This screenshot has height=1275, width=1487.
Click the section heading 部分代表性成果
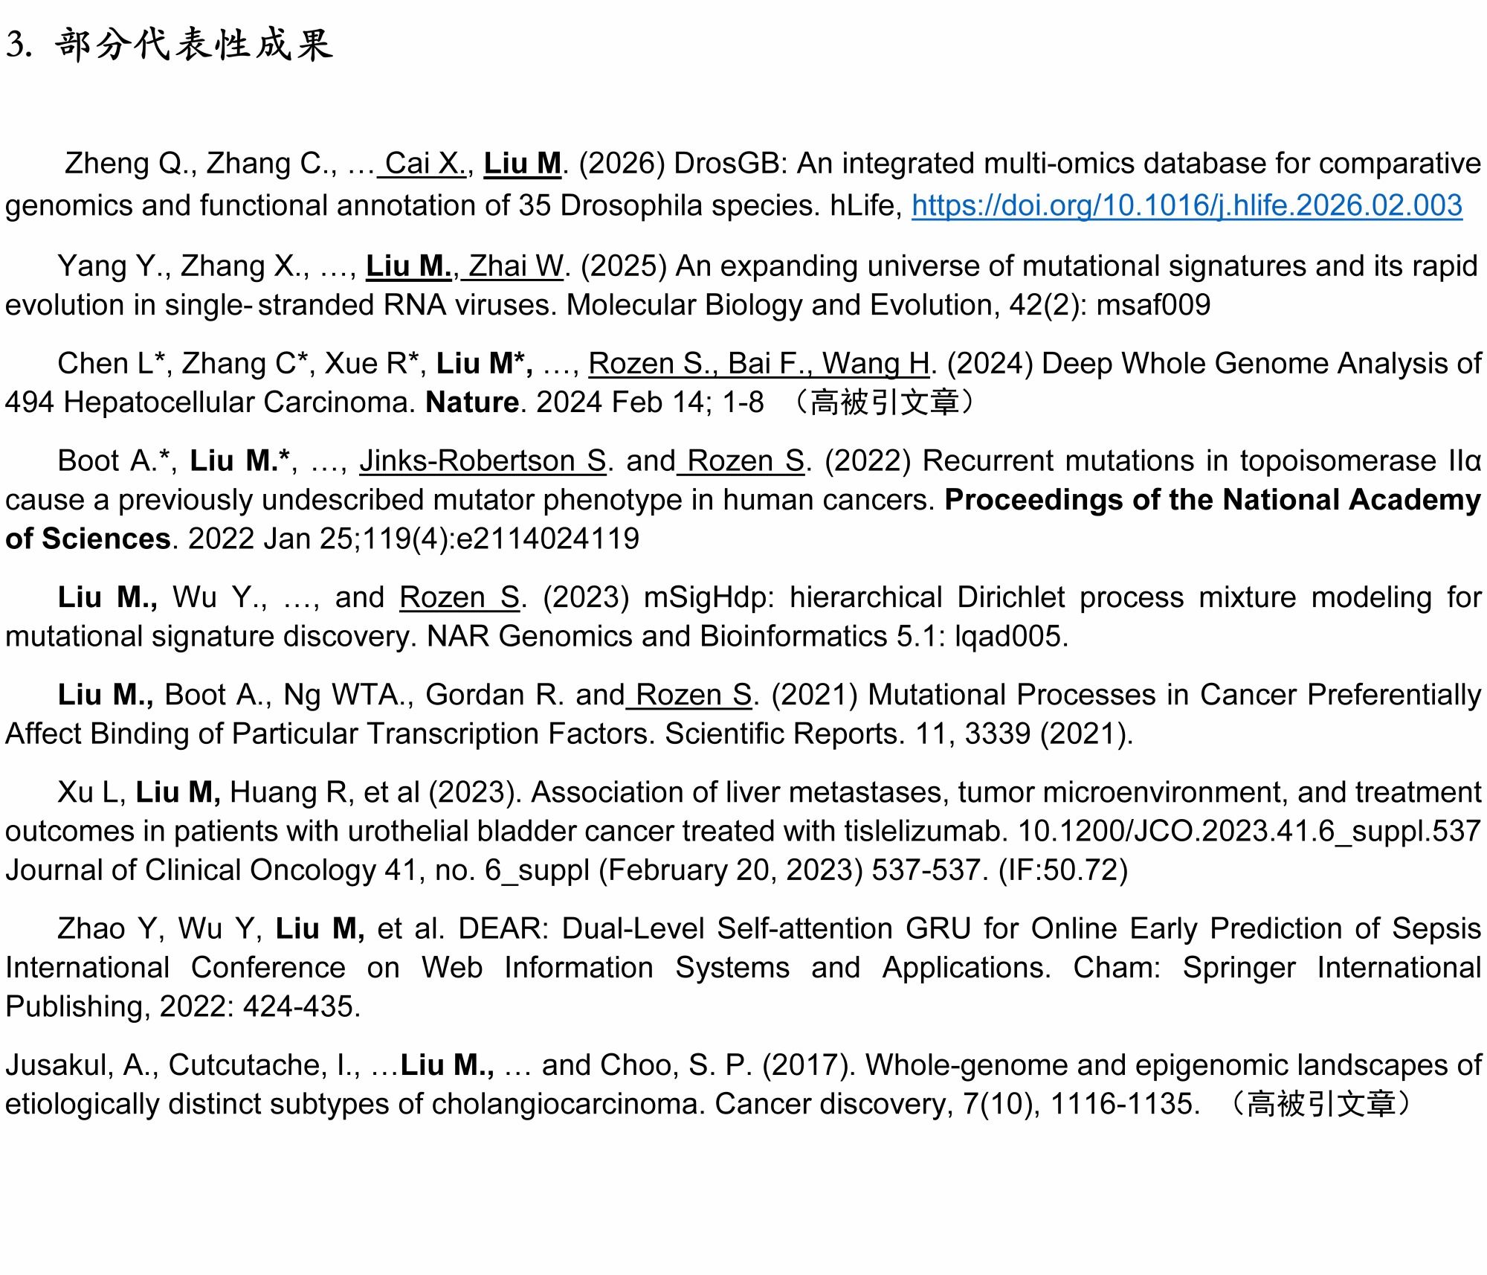[193, 45]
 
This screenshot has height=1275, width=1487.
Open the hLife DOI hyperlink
[1187, 205]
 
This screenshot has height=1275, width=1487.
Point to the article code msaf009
[1153, 305]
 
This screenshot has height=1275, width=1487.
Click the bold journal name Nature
[472, 402]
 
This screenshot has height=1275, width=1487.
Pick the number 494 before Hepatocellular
[30, 402]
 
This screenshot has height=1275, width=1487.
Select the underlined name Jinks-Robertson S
[483, 461]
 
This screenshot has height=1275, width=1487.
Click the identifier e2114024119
[547, 539]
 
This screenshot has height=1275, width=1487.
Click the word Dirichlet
[1010, 597]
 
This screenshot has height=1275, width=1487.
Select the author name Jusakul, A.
[79, 1065]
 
